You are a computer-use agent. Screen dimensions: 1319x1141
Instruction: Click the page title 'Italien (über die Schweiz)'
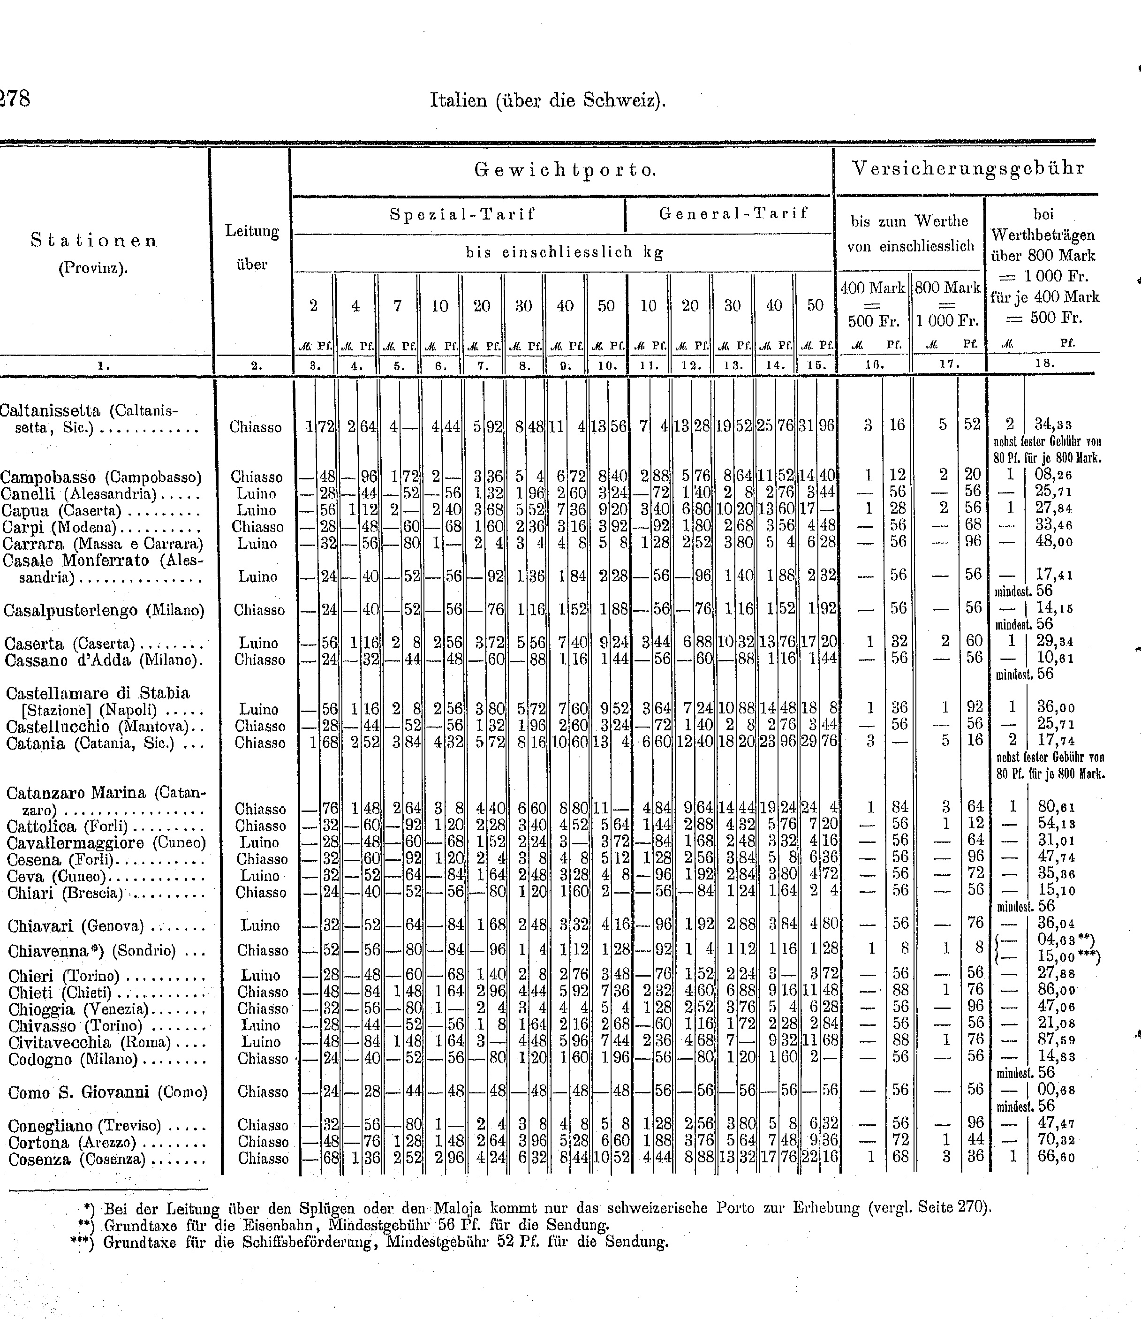[548, 101]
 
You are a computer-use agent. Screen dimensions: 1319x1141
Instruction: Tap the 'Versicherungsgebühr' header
[968, 168]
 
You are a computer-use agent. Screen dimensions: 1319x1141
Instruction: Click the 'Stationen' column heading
[94, 240]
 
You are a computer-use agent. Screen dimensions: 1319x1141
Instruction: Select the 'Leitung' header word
[252, 231]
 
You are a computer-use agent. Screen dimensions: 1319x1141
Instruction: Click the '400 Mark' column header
[872, 288]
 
